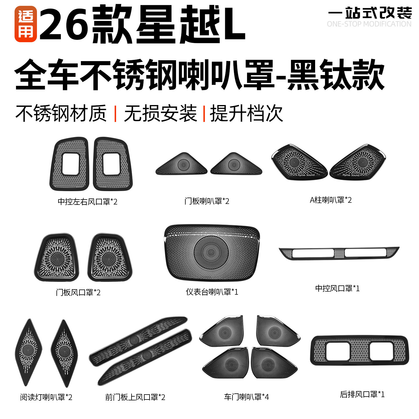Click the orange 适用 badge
pos(26,24)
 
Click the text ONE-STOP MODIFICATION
pos(369,24)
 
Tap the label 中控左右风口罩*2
pos(87,201)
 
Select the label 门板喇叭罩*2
pos(207,201)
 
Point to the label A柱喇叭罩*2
pos(331,200)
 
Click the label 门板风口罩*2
pos(78,292)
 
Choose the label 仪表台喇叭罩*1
pos(212,292)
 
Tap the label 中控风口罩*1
pos(337,288)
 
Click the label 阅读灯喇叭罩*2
pos(46,397)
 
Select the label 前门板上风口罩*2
pos(135,397)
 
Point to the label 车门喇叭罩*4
pos(246,397)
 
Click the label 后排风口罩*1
pos(362,394)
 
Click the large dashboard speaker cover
pos(212,253)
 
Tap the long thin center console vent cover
pos(339,253)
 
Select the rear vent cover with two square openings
pos(360,350)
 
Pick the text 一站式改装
pos(370,13)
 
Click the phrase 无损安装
pos(160,113)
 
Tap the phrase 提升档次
pos(246,113)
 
